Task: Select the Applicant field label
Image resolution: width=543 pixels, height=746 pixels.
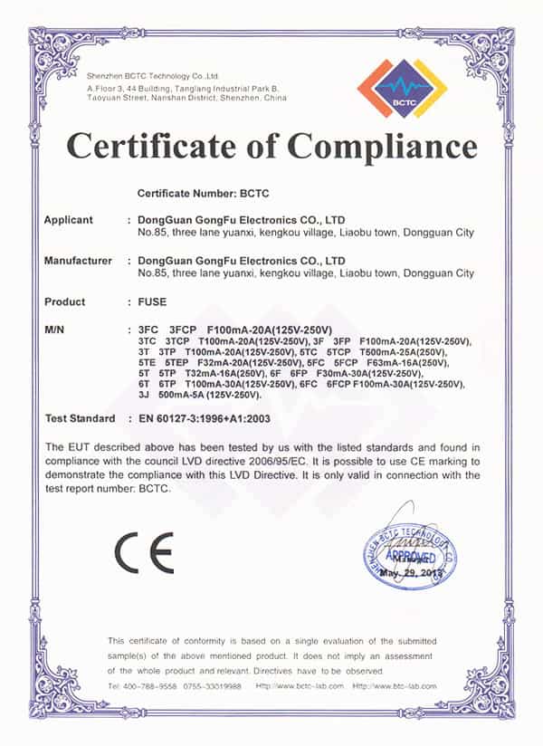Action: pyautogui.click(x=69, y=220)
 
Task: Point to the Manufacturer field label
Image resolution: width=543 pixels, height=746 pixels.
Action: pyautogui.click(x=78, y=261)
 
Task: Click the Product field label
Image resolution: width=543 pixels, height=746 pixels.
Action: pyautogui.click(x=64, y=301)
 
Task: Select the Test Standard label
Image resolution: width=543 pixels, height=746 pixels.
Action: pyautogui.click(x=80, y=418)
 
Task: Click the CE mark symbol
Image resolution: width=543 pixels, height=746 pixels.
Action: pyautogui.click(x=144, y=552)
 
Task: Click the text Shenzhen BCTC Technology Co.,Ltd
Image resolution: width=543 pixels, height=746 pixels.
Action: pyautogui.click(x=153, y=75)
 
